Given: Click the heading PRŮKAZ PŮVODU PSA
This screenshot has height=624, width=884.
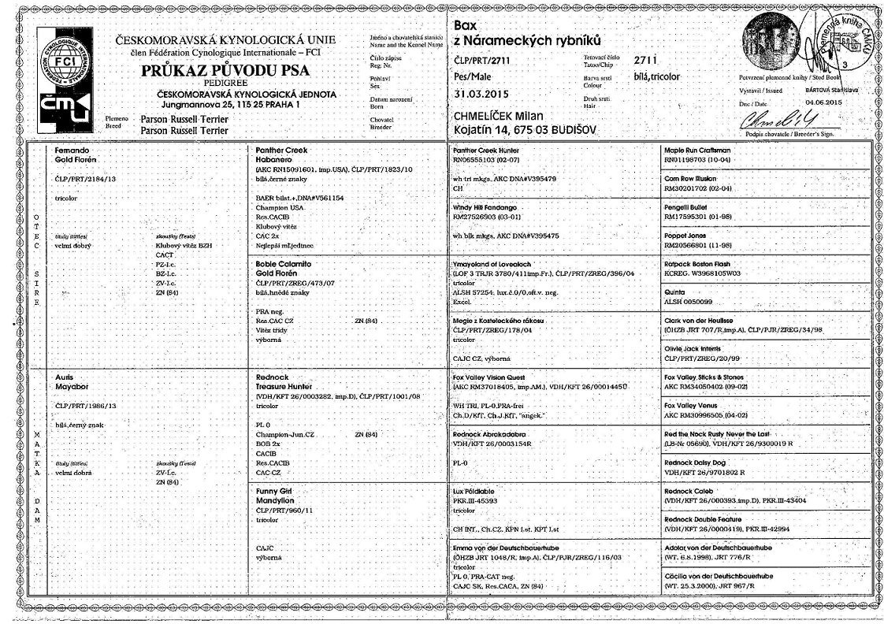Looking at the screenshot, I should (225, 71).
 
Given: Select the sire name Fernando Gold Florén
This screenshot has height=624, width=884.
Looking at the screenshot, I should (76, 154).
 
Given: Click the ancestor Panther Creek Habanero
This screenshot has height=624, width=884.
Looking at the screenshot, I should (285, 154).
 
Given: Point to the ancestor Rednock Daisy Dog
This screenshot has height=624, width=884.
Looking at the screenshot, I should (701, 462).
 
